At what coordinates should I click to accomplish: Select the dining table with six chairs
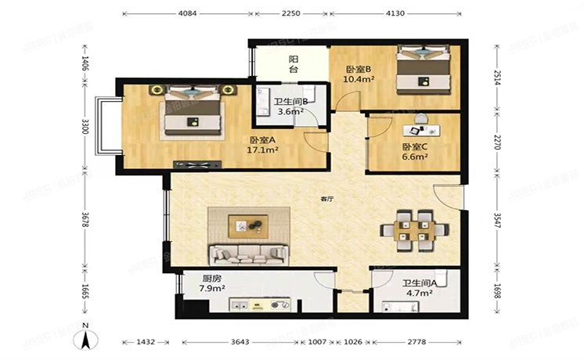point(414,229)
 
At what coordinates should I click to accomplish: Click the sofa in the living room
point(247,254)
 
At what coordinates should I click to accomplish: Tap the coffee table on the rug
point(249,226)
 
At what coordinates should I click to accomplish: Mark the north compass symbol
point(85,337)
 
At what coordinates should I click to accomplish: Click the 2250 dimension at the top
point(290,13)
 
